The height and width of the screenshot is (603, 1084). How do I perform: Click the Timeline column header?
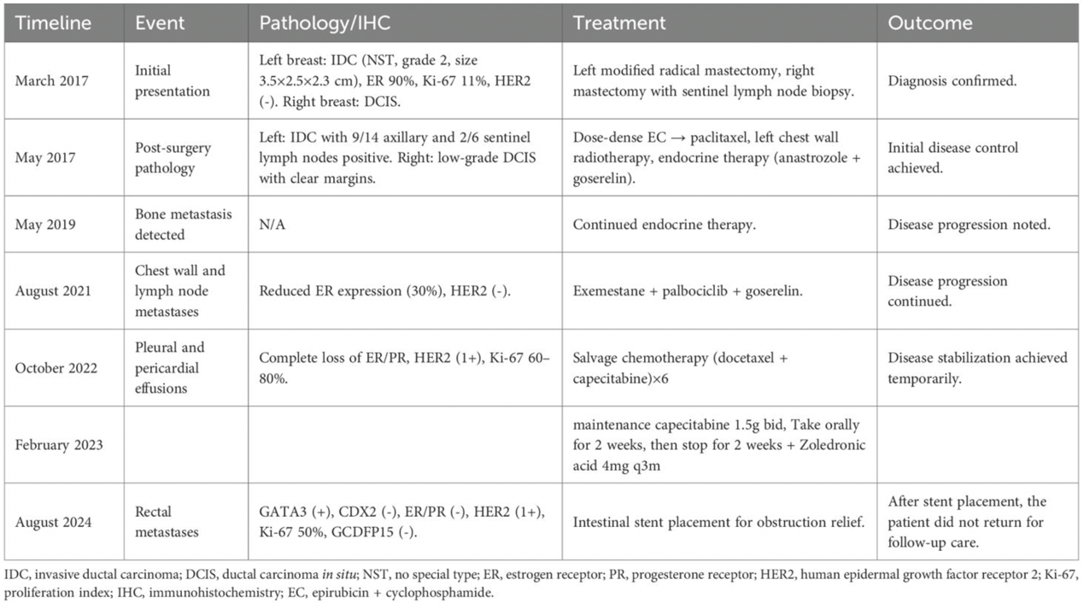(53, 23)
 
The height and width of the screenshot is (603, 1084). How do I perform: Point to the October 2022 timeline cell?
(56, 368)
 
